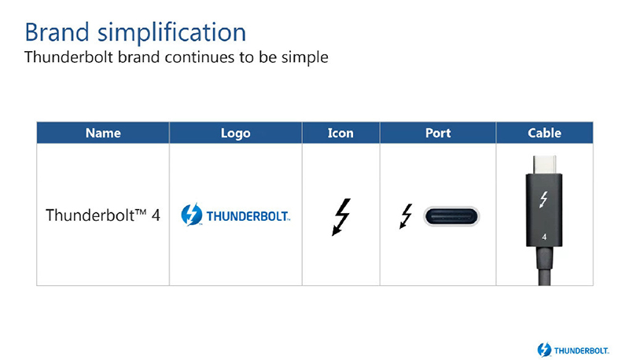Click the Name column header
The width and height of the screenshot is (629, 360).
[x=103, y=133]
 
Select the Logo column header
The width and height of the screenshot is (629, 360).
[x=235, y=133]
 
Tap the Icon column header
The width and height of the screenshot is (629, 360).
[x=340, y=133]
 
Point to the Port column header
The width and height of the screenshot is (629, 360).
[x=438, y=133]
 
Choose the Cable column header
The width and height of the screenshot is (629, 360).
[x=544, y=133]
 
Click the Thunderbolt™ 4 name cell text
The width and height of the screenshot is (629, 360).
[x=103, y=215]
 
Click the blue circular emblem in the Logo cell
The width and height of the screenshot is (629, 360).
[x=192, y=215]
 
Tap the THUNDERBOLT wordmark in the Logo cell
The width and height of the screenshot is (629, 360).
[x=248, y=216]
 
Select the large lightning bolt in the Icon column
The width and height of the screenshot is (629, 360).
[x=341, y=217]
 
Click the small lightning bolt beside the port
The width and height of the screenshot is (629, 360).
[x=406, y=216]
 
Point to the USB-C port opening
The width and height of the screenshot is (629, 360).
[x=451, y=216]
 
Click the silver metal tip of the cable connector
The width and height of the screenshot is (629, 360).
[x=544, y=164]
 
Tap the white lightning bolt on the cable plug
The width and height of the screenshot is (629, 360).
[x=543, y=200]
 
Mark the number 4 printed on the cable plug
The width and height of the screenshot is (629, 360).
[x=544, y=237]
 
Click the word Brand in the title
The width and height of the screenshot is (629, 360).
[x=57, y=32]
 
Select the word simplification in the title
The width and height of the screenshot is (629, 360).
[x=172, y=33]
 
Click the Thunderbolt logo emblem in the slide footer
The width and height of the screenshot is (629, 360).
[x=544, y=350]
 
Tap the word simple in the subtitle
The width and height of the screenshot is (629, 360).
[x=304, y=57]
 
